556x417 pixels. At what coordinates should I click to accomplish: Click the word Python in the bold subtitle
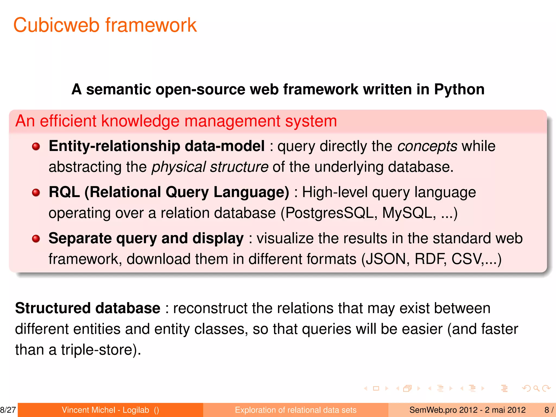(x=459, y=89)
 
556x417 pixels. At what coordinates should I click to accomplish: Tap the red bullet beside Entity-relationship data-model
(x=36, y=147)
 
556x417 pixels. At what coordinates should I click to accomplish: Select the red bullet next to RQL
(x=36, y=193)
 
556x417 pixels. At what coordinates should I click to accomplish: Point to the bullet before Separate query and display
(x=36, y=239)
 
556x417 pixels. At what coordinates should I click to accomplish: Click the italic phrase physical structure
(x=210, y=167)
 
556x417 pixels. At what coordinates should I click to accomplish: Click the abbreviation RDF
(x=431, y=259)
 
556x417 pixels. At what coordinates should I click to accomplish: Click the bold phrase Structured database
(x=88, y=308)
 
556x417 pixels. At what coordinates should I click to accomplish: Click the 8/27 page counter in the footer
(x=8, y=410)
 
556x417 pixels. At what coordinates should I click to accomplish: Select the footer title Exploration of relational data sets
(x=295, y=410)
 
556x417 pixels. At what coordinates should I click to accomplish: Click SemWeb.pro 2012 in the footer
(x=443, y=410)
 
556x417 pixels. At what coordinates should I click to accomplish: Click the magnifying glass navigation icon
(x=536, y=388)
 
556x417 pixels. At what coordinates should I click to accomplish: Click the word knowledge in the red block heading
(x=140, y=121)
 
